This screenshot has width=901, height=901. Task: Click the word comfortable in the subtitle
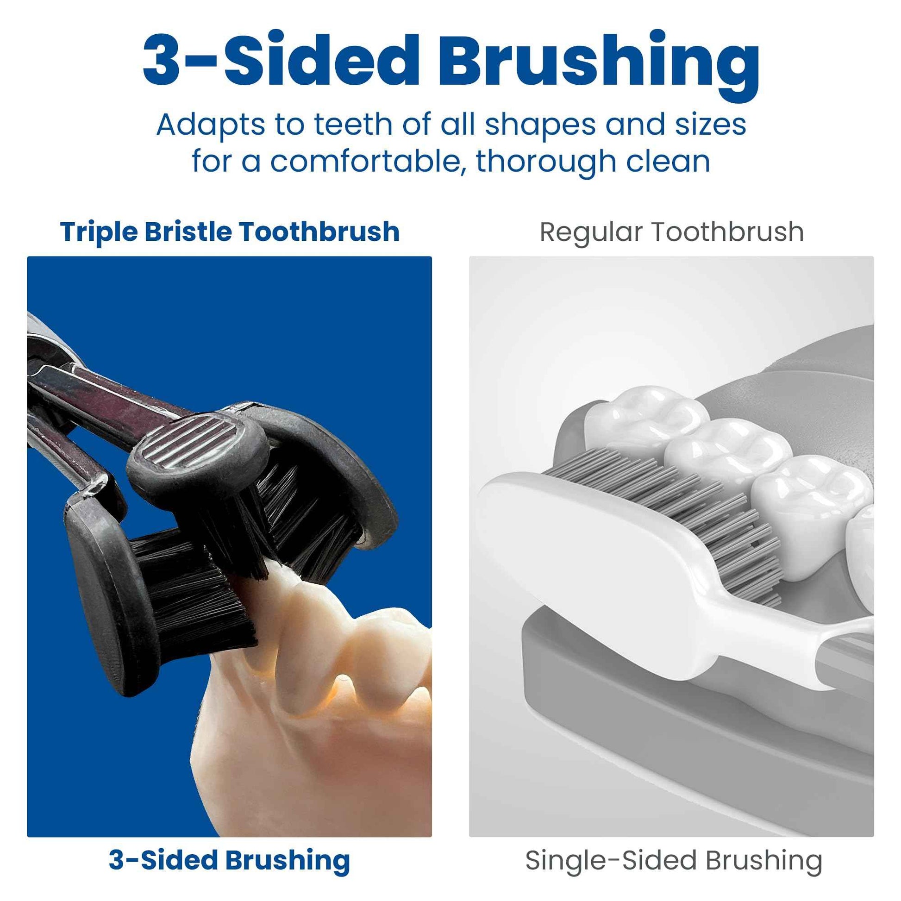364,162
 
